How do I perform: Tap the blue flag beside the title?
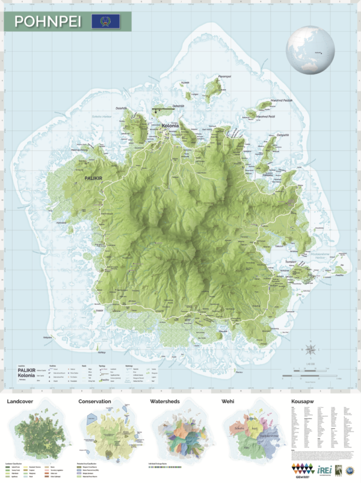(x=105, y=22)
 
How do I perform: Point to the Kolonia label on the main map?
(x=172, y=126)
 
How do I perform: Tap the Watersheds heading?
(x=167, y=401)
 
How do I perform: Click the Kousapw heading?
(x=303, y=401)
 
